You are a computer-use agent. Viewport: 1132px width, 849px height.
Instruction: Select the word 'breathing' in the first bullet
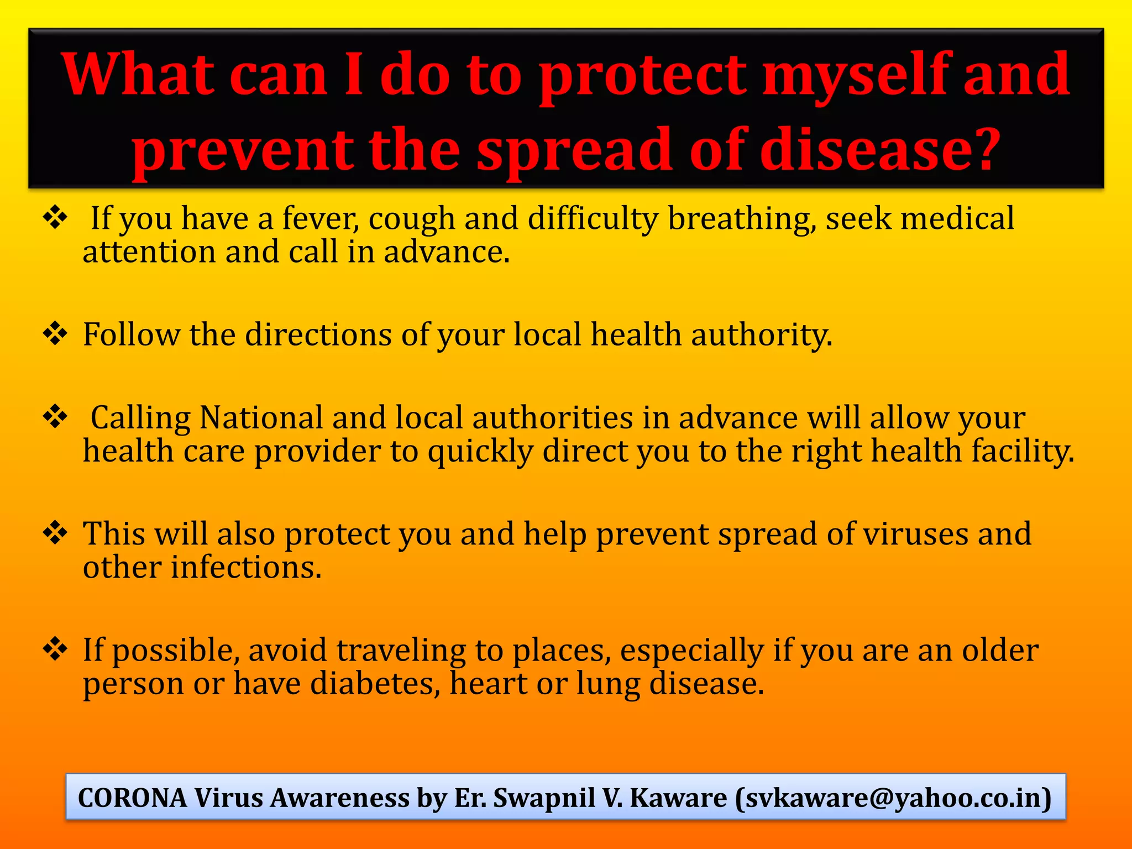click(741, 218)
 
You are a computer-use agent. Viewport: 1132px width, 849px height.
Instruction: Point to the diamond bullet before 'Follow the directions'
click(55, 333)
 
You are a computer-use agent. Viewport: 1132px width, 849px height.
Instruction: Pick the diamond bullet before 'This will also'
click(55, 532)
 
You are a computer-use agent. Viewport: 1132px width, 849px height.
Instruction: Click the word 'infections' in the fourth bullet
click(245, 568)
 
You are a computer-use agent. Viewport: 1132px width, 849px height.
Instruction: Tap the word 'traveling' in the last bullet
click(401, 651)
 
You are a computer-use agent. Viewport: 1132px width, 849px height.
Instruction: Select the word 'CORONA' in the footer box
click(133, 798)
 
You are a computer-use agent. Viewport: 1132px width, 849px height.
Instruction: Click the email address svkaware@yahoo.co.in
click(893, 798)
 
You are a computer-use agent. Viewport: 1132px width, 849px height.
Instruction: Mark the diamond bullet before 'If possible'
click(55, 648)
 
